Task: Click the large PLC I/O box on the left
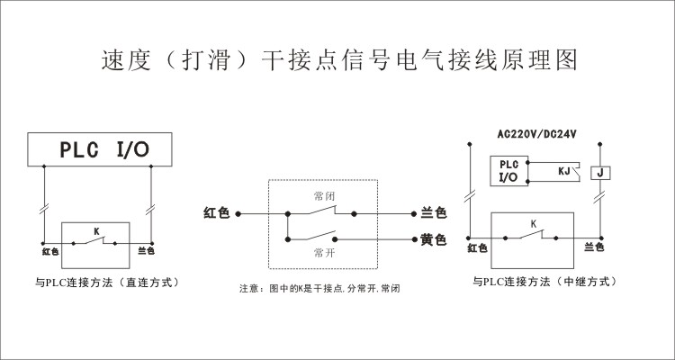pyautogui.click(x=99, y=149)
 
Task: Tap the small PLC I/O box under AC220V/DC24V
pyautogui.click(x=508, y=171)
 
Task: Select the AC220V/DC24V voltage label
pyautogui.click(x=536, y=135)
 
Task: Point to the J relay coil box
pyautogui.click(x=599, y=172)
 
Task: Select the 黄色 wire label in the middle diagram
pyautogui.click(x=433, y=240)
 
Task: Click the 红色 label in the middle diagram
pyautogui.click(x=217, y=213)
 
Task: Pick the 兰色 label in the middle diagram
pyautogui.click(x=433, y=213)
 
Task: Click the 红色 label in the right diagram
pyautogui.click(x=477, y=247)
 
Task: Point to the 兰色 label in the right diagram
pyautogui.click(x=594, y=247)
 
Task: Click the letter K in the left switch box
pyautogui.click(x=95, y=230)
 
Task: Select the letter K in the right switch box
pyautogui.click(x=533, y=223)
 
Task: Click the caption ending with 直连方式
pyautogui.click(x=107, y=282)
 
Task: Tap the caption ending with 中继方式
pyautogui.click(x=544, y=282)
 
